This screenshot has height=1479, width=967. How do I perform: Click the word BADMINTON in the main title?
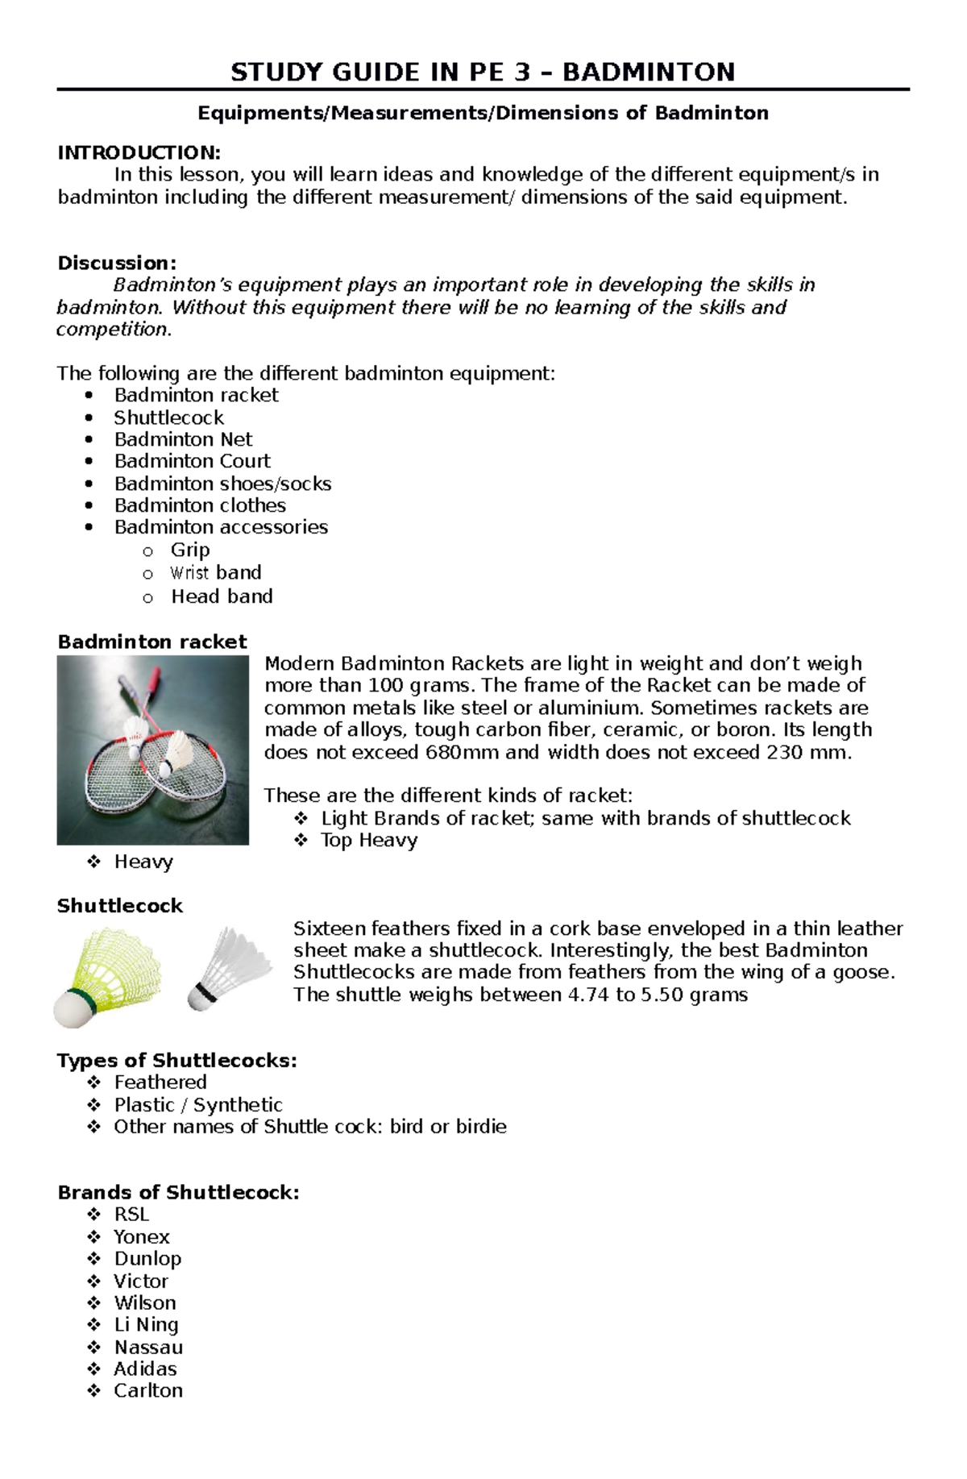coord(649,73)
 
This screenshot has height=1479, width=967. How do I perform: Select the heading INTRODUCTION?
coord(139,152)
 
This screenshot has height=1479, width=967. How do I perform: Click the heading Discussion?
coord(117,263)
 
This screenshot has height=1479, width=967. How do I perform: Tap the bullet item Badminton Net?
coord(183,439)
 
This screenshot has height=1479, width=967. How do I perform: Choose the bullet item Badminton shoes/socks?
coord(222,484)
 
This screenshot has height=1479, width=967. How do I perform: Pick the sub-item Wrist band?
coord(215,573)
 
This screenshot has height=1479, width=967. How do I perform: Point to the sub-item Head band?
coord(222,596)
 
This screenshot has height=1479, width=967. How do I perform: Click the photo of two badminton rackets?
coord(153,750)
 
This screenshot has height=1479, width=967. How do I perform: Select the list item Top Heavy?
coord(369,841)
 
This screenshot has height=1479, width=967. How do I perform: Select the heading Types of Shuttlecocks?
coord(177,1061)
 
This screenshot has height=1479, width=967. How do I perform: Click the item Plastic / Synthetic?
coord(198,1105)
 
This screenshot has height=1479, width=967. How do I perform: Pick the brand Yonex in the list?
coord(142,1237)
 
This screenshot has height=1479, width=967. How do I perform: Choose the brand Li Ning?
coord(146,1325)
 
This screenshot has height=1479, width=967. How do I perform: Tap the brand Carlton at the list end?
coord(148,1390)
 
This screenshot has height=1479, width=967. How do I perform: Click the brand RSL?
coord(131,1215)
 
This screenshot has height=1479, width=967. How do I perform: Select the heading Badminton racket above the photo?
coord(152,642)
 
